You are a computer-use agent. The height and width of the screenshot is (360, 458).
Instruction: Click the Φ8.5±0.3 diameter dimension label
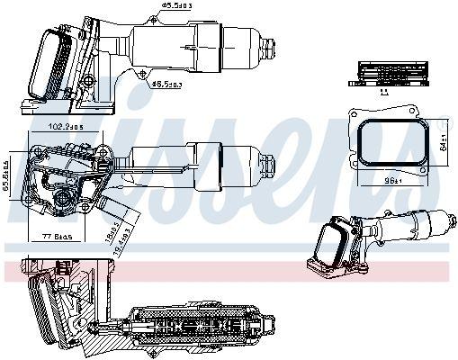[x=167, y=84]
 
